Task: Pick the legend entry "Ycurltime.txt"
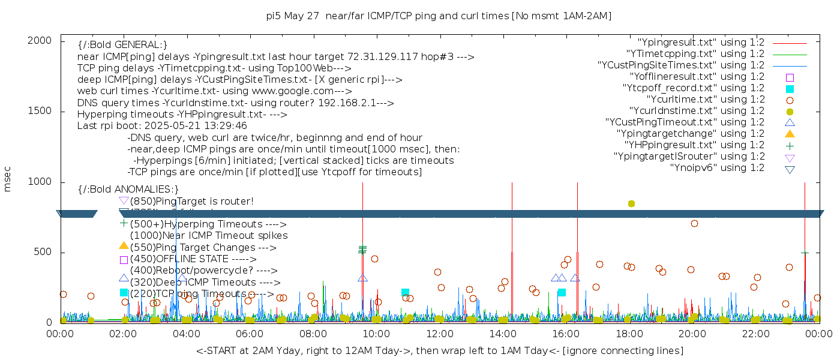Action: coord(705,100)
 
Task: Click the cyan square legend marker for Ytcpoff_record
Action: coord(790,89)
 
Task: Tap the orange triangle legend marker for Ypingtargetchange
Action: coord(790,134)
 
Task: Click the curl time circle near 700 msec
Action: coord(694,223)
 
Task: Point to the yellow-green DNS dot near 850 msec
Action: coord(631,204)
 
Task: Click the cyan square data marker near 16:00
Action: coord(562,292)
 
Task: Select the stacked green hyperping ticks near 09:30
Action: coord(362,249)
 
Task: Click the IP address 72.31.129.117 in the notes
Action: coord(376,57)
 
